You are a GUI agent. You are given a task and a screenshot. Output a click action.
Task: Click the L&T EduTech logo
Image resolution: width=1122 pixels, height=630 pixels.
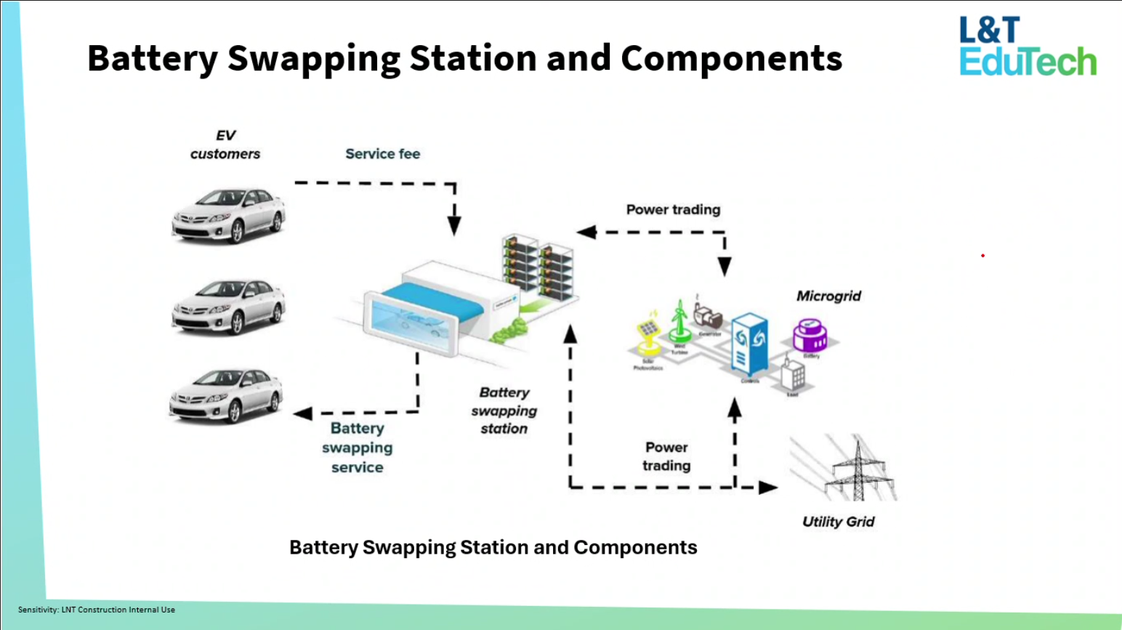(1027, 47)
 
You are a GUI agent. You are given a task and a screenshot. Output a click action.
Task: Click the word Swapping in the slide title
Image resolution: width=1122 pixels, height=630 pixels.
(314, 58)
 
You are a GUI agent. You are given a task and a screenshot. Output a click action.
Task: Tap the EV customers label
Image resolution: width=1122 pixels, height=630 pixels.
(225, 145)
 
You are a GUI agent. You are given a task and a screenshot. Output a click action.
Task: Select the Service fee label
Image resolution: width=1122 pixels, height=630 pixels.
(382, 154)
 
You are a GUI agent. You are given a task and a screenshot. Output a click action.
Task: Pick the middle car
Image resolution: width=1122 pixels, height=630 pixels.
(228, 306)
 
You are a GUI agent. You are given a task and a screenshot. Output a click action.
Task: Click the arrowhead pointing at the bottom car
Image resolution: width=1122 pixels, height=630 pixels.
(303, 413)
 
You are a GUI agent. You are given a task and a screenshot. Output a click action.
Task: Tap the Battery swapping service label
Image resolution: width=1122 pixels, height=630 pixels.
(357, 448)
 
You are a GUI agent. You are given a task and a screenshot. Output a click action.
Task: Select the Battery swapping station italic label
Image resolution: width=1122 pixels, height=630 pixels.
(504, 411)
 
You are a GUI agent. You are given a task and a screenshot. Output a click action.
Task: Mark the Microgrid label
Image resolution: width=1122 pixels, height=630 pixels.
(828, 296)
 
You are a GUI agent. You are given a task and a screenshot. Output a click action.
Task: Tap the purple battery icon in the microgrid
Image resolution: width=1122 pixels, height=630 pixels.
(810, 336)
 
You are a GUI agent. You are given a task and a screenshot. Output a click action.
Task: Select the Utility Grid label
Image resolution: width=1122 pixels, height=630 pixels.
(838, 522)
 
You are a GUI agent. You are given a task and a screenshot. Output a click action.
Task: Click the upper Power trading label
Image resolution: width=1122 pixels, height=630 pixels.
(673, 210)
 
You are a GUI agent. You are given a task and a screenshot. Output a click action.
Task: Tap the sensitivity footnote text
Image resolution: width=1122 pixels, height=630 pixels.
(97, 610)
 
